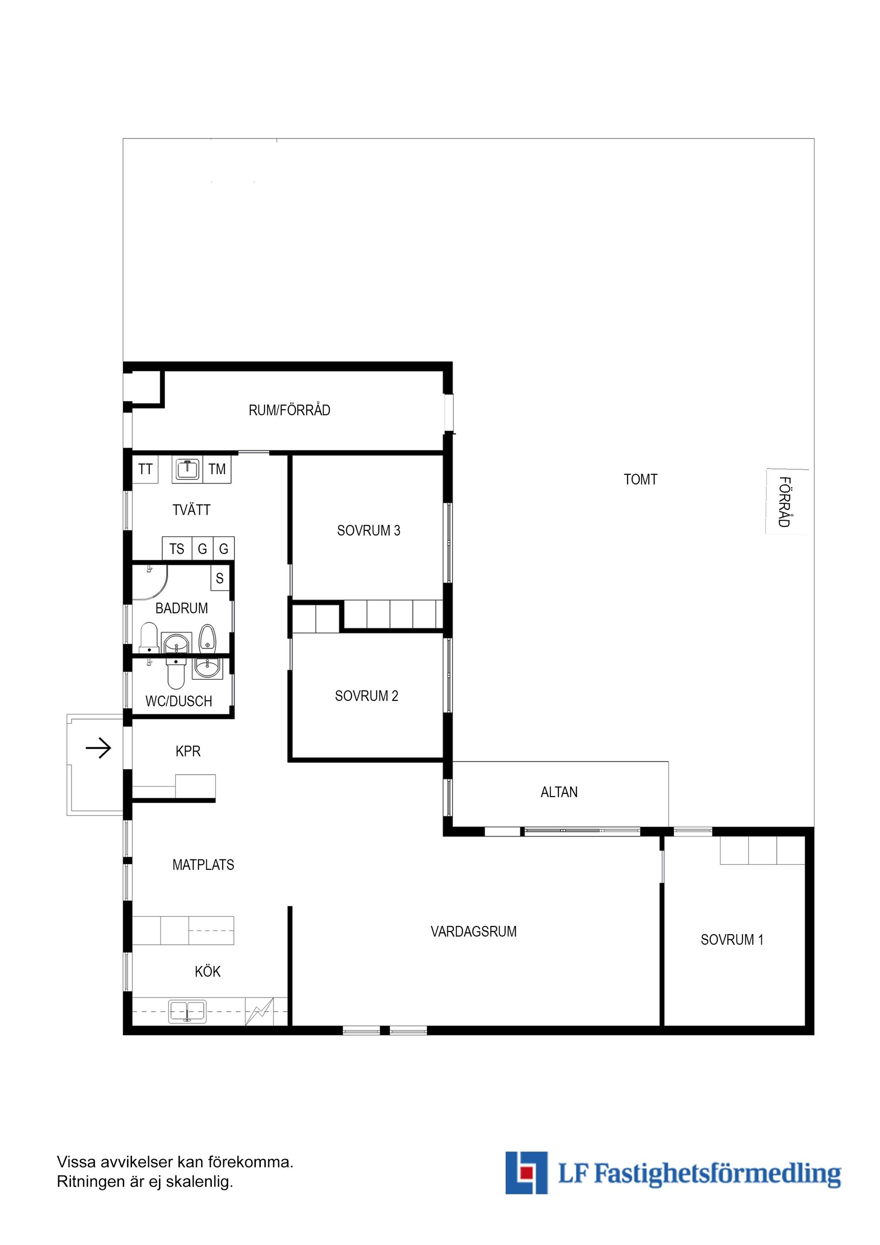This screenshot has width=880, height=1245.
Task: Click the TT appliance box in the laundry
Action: click(145, 469)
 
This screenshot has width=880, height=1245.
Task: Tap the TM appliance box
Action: click(217, 469)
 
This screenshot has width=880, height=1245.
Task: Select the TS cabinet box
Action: click(177, 549)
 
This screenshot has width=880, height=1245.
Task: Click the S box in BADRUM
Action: click(220, 578)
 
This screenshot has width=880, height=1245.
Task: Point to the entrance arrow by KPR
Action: click(99, 749)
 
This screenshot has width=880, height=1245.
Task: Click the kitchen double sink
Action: click(187, 1011)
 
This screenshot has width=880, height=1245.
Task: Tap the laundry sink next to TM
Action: click(187, 469)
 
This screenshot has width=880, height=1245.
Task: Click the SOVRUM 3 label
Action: click(368, 530)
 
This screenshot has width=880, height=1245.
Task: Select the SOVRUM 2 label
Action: click(367, 696)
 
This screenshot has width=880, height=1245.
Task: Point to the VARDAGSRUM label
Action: click(473, 931)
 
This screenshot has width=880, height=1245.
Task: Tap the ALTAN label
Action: click(559, 792)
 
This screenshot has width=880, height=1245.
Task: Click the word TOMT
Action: click(640, 479)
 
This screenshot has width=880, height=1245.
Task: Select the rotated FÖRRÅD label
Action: click(785, 501)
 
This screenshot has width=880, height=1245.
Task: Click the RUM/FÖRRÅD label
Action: click(290, 410)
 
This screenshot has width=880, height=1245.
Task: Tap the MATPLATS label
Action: click(203, 865)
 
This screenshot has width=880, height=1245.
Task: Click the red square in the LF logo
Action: click(524, 1173)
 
